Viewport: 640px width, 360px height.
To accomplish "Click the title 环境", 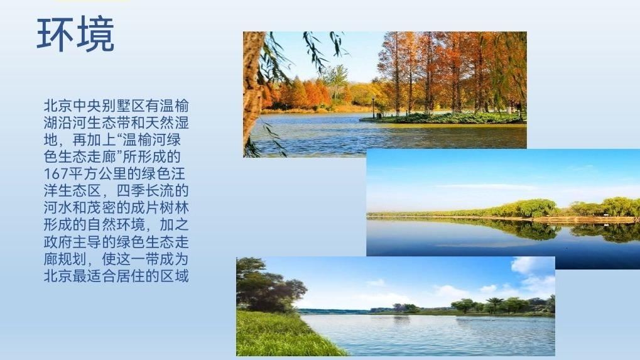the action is [x=75, y=35].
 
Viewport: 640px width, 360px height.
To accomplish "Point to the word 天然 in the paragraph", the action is [x=159, y=123].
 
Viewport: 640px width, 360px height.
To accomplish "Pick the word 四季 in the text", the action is [x=131, y=191].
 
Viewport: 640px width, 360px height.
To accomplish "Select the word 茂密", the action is [x=102, y=208].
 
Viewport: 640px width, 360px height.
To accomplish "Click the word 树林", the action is [x=174, y=208].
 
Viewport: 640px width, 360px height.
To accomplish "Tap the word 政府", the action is [x=58, y=242].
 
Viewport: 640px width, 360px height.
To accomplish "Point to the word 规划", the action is [x=73, y=259].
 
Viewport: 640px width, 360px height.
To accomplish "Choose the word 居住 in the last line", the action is [x=131, y=276].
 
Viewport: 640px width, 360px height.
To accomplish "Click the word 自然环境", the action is [x=116, y=225].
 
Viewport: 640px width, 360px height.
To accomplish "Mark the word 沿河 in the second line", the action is [x=73, y=123].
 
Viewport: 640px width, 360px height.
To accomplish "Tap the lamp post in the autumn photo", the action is [x=372, y=107].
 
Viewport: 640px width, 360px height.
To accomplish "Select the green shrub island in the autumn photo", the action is [x=443, y=118].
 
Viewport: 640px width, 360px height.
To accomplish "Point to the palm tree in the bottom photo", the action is [x=495, y=305].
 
